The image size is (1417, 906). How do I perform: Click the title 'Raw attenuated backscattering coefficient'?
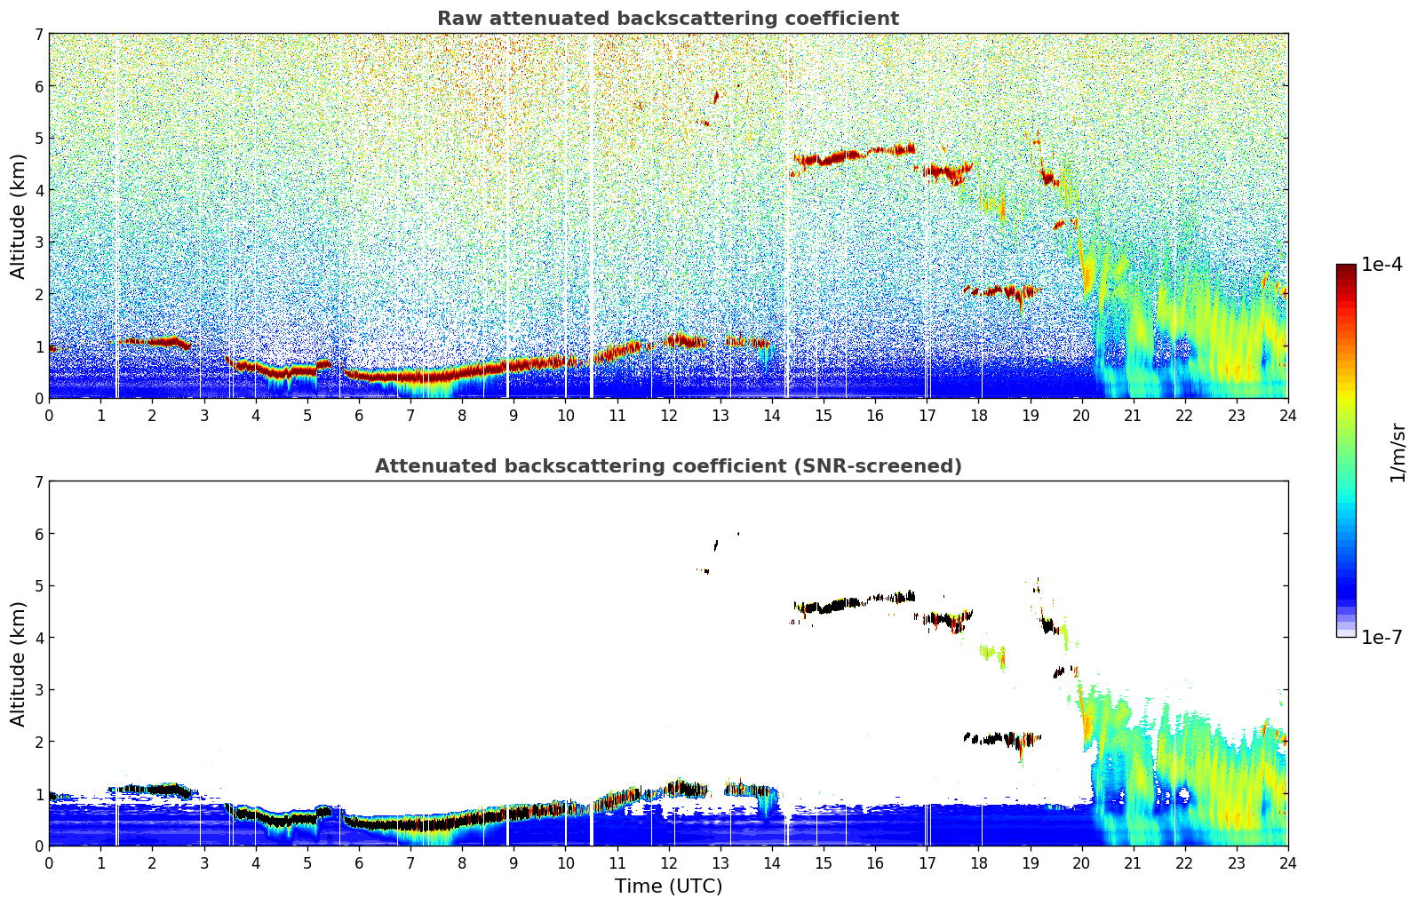667,19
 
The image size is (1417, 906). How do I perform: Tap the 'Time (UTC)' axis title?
668,886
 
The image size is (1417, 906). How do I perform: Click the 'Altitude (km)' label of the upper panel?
19,216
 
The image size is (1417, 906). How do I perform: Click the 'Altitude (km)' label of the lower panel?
19,664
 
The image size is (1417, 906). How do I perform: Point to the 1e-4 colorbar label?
1381,265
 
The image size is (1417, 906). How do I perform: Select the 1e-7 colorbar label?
1381,637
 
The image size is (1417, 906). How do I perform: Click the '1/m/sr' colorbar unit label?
1397,452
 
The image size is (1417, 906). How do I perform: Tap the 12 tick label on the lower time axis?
668,862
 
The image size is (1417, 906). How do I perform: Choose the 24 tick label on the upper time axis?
1287,415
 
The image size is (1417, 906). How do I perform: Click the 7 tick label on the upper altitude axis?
38,35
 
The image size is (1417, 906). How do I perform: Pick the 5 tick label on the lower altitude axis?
38,586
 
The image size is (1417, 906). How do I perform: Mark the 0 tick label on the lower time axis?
49,862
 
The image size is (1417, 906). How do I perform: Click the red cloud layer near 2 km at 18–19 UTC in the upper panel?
999,290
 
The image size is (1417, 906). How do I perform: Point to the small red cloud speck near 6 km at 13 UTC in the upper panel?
716,96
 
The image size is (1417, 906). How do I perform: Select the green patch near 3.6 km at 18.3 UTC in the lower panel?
993,653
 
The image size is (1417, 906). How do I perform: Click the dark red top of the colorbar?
1346,268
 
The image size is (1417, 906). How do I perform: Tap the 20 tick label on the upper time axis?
1081,415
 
